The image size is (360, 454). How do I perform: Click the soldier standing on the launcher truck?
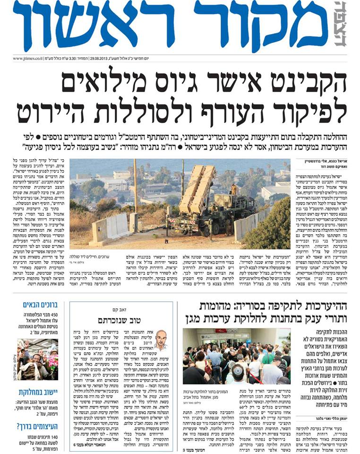233,190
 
